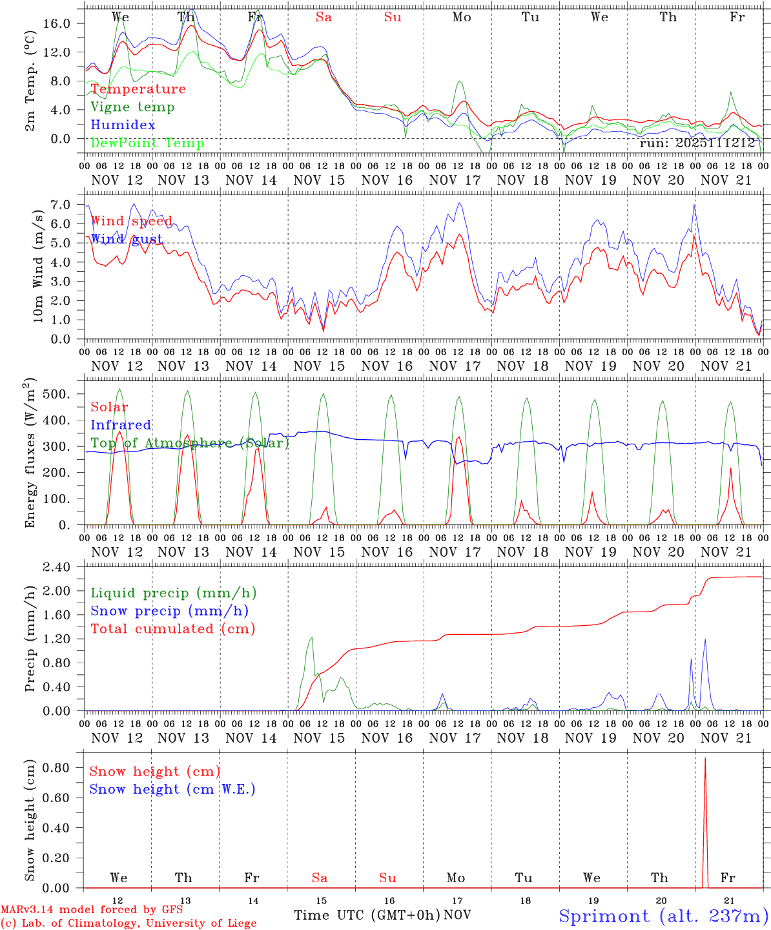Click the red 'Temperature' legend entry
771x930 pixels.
[x=138, y=89]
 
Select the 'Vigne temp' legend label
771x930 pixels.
[x=132, y=107]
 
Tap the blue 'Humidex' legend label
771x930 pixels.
[x=123, y=125]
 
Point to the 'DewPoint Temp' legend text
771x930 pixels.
[x=147, y=143]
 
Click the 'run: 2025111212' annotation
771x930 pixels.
[x=697, y=143]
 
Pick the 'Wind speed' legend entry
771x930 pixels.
[x=131, y=221]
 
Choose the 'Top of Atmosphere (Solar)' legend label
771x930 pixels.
[x=189, y=443]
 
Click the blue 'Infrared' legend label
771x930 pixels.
[x=121, y=425]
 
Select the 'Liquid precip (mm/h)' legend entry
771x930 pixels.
[x=173, y=593]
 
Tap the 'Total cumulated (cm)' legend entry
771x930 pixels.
[x=172, y=628]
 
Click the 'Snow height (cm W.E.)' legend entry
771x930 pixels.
[x=172, y=789]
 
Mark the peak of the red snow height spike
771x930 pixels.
[x=705, y=758]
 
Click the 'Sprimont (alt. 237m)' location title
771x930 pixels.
[x=663, y=916]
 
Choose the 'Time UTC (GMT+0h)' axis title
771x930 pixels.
[x=367, y=915]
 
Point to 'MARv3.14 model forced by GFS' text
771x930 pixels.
[x=92, y=910]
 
